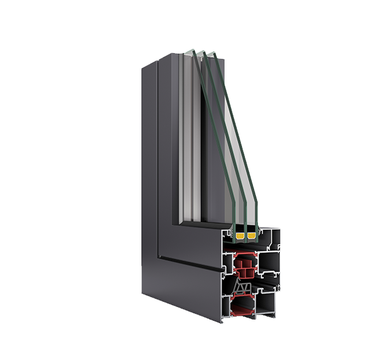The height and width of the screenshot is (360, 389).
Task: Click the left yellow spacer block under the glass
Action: point(240,236)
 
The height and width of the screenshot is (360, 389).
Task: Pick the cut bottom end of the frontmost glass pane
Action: point(234,227)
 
